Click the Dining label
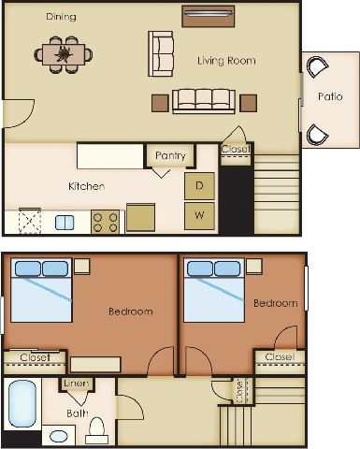tap(61, 17)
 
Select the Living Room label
tap(226, 61)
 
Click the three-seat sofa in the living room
tap(203, 100)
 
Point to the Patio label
tap(329, 96)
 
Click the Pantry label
tap(170, 155)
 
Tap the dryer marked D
tap(199, 185)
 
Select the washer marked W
tap(199, 216)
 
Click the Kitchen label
tap(86, 186)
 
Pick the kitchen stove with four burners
tap(105, 222)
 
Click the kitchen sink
tap(65, 223)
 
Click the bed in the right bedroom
tap(214, 291)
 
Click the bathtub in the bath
tap(21, 402)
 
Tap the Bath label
tap(78, 412)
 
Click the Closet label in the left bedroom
tap(34, 356)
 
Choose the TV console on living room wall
tap(208, 16)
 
